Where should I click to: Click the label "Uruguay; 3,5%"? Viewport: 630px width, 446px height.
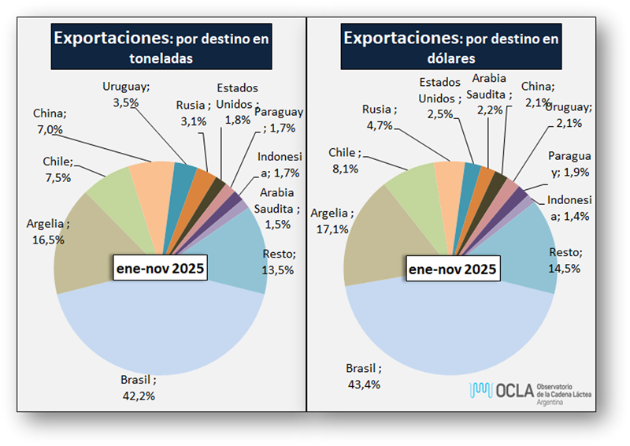pos(125,94)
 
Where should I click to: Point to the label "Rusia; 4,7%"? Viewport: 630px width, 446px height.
pos(381,116)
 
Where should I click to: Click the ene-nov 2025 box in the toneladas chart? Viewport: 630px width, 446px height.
pos(157,269)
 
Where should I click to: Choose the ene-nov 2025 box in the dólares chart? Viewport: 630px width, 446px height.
pos(452,269)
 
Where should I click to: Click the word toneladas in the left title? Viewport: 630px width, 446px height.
pos(161,58)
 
